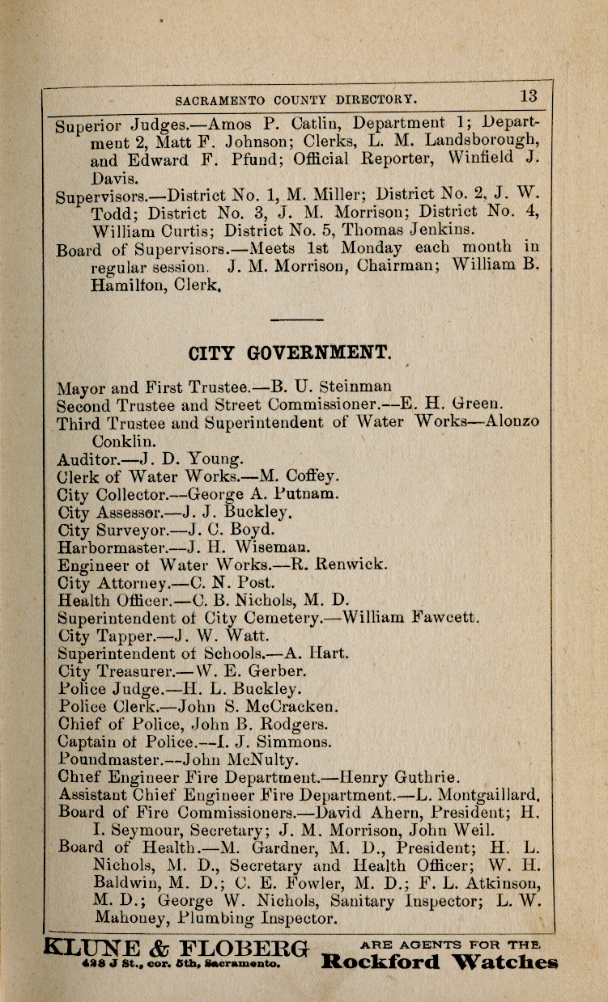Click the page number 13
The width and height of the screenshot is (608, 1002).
[529, 95]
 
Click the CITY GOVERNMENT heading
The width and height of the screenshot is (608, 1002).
[290, 353]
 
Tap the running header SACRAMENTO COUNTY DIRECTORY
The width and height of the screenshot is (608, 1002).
[295, 99]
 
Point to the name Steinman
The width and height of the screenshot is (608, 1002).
[355, 386]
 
